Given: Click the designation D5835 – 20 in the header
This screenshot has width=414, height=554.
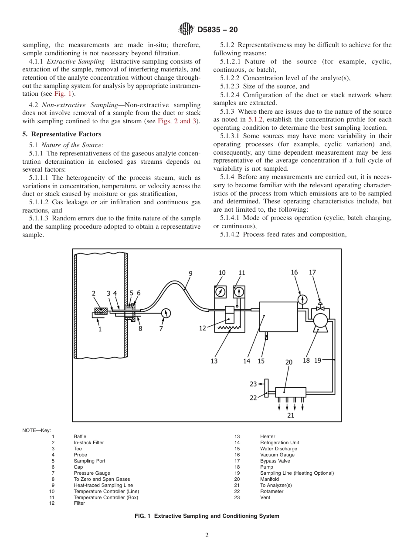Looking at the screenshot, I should point(217,30).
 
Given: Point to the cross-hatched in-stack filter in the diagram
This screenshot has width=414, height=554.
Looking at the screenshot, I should point(101,311).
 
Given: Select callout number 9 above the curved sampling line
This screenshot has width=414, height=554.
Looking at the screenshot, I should point(190,274).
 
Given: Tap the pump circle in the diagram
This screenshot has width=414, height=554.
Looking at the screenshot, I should point(320,320).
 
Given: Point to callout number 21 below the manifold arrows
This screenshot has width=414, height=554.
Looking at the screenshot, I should point(290,415).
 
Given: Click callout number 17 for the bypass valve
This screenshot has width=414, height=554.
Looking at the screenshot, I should point(312,273).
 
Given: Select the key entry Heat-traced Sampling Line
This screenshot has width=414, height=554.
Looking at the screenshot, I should point(103,485).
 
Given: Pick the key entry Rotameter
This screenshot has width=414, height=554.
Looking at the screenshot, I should point(271,491).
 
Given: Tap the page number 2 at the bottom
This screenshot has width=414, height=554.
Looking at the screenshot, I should point(207,535).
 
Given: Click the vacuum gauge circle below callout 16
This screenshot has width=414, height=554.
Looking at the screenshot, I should point(302,300).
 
